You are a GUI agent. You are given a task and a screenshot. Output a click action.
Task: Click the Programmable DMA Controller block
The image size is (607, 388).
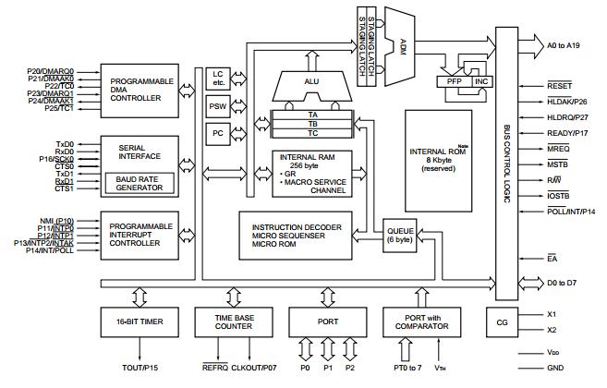coord(141,89)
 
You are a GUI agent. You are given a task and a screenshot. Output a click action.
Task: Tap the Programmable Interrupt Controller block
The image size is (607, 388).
coord(141,236)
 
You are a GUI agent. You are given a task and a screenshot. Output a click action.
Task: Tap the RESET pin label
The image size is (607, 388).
coord(561,85)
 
